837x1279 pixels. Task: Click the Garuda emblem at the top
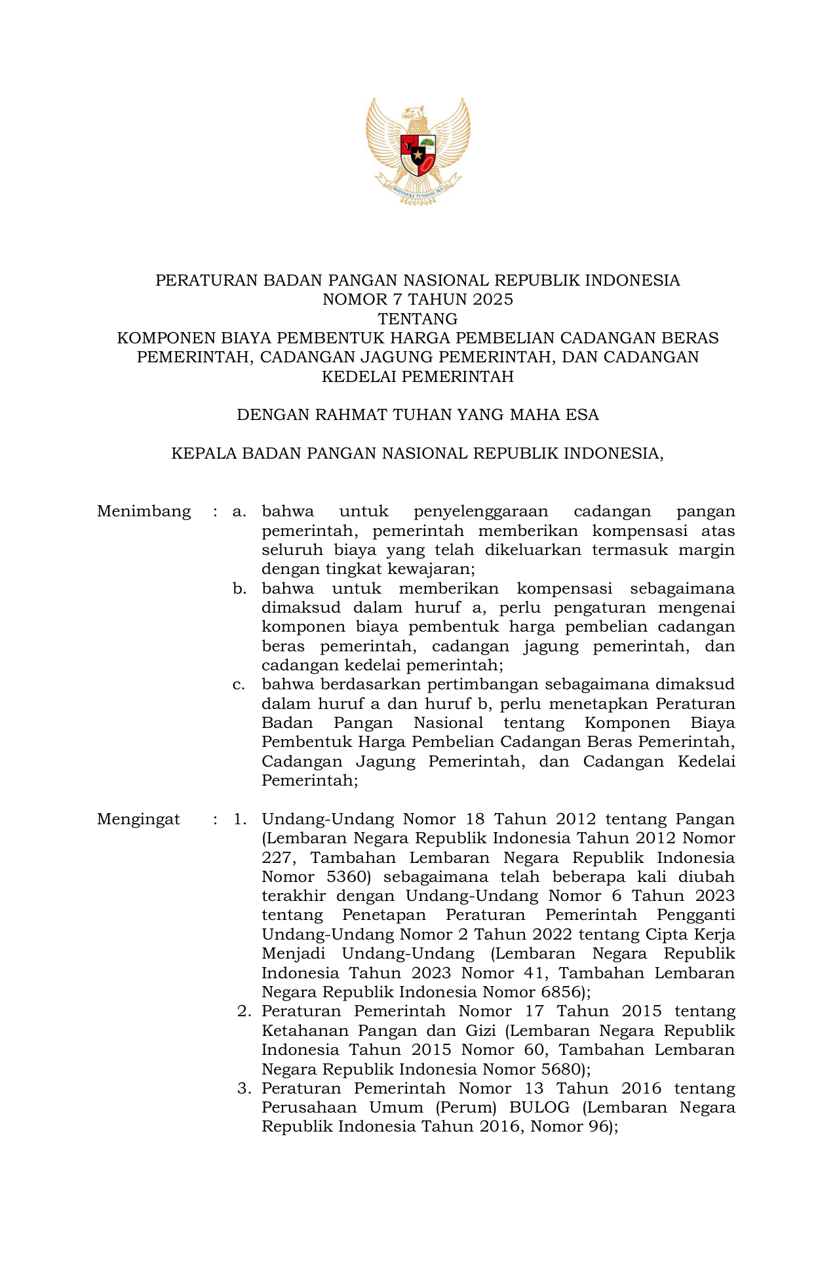coord(418,151)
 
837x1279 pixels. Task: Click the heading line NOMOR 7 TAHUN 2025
coord(418,299)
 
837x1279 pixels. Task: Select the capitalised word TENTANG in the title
coord(418,319)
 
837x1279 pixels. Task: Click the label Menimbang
coord(144,511)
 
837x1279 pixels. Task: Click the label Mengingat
coord(138,819)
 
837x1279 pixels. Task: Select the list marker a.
coord(239,511)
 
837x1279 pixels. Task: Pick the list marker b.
coord(239,588)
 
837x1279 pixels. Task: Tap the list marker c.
coord(239,685)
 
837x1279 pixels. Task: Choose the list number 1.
coord(240,819)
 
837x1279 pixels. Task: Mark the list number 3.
coord(244,1088)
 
